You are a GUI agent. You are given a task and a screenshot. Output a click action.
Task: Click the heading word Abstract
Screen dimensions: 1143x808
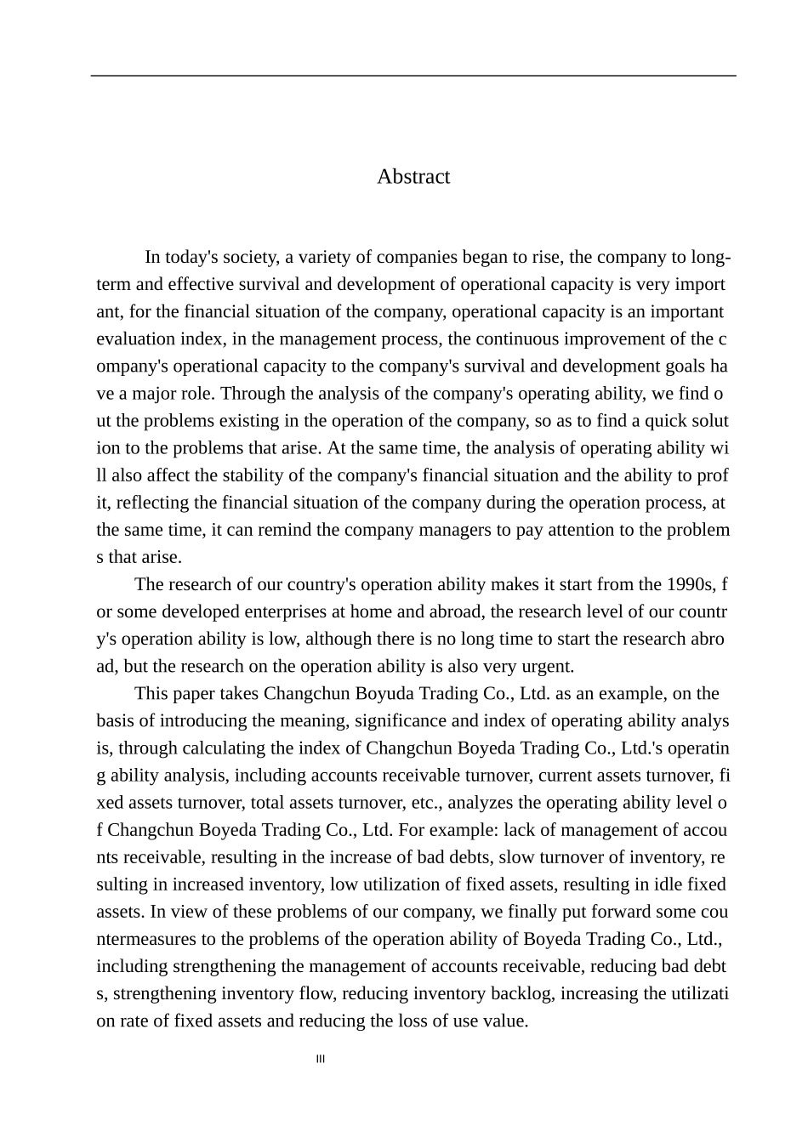pos(413,177)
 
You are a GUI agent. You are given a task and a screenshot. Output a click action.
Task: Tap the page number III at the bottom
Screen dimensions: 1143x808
pos(321,1059)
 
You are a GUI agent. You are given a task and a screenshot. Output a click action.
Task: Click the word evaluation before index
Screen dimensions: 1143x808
pos(135,338)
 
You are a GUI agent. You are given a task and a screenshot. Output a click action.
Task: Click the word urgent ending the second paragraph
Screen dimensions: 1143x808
pos(548,666)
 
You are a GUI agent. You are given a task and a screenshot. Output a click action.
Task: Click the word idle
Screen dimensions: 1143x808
pos(663,884)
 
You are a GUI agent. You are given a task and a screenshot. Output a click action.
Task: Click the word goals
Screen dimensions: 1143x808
pos(665,366)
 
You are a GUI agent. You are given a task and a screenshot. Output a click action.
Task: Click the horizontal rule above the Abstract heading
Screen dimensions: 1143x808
pos(413,76)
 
